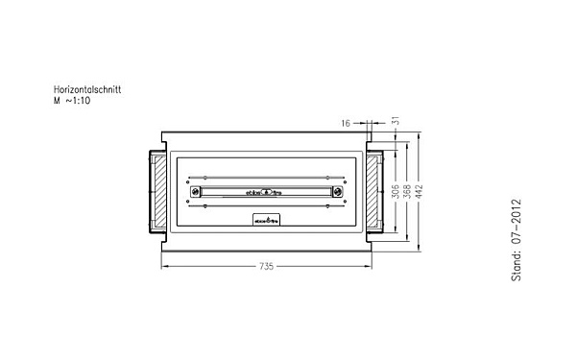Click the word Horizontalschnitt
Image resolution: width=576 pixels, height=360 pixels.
tap(87, 89)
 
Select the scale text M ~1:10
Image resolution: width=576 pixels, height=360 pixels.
tap(74, 100)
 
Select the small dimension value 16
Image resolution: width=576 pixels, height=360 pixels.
tap(347, 122)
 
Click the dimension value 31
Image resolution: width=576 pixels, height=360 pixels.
tap(395, 122)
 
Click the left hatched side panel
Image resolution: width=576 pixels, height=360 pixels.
tap(158, 190)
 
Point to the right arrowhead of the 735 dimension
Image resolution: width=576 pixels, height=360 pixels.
tap(369, 266)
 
